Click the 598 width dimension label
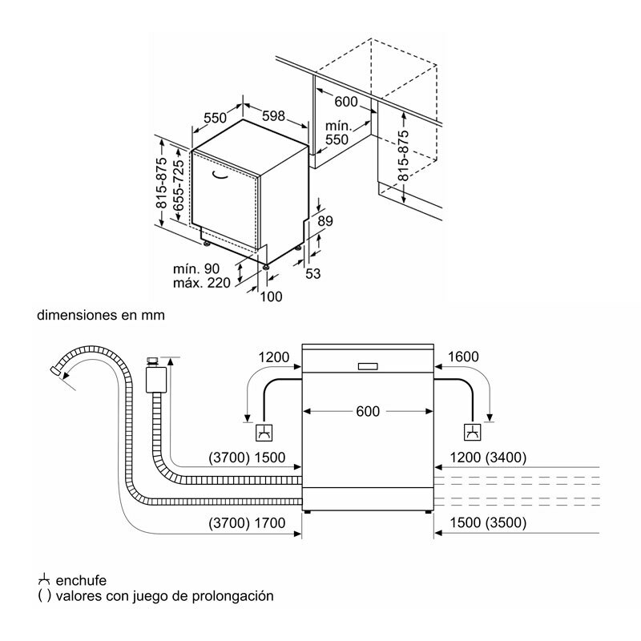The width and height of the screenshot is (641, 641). pyautogui.click(x=274, y=117)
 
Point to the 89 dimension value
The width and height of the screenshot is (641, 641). pyautogui.click(x=325, y=221)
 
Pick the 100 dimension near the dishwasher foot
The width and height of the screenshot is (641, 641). pyautogui.click(x=272, y=297)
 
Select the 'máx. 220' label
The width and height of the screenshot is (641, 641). pyautogui.click(x=201, y=282)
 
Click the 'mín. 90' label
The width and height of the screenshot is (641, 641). pyautogui.click(x=196, y=268)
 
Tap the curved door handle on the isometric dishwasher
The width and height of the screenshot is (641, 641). pyautogui.click(x=222, y=174)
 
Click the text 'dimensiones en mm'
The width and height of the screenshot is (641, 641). pyautogui.click(x=101, y=316)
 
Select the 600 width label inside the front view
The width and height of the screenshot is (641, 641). pyautogui.click(x=367, y=411)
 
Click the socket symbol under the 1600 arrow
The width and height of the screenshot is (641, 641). pyautogui.click(x=474, y=433)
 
